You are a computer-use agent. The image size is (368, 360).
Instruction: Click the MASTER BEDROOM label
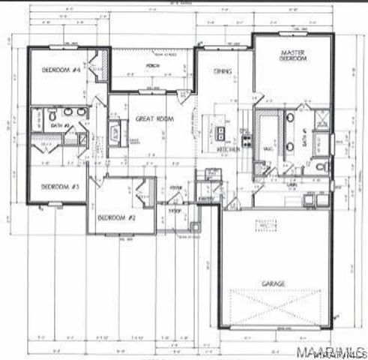click(292, 57)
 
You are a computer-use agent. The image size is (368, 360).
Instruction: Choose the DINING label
click(223, 72)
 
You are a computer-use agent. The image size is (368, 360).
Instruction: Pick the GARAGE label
click(274, 284)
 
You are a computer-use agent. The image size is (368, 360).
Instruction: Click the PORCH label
click(154, 65)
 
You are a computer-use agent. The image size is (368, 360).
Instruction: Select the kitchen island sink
click(221, 134)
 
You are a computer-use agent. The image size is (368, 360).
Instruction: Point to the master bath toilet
click(319, 166)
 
